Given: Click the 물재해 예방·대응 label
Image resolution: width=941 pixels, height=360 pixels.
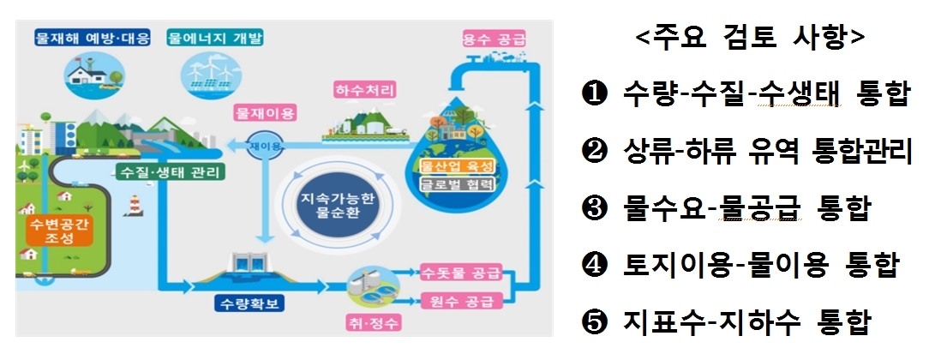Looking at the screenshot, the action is [x=93, y=39].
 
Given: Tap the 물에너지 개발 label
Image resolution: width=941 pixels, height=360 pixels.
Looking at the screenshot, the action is [x=215, y=39].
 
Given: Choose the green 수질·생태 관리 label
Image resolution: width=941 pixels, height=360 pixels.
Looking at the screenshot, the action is [x=171, y=173].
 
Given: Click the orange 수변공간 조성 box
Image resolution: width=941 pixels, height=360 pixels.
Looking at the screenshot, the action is [x=59, y=231].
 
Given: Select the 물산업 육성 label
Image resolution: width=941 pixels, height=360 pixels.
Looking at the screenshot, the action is [x=458, y=166].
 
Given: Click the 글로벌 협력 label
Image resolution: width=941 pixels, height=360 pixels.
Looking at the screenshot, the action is [x=458, y=183].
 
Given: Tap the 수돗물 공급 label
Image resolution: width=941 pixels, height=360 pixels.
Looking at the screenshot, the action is [x=461, y=273].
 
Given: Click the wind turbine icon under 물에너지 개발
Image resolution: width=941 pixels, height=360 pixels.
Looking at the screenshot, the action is [x=211, y=75].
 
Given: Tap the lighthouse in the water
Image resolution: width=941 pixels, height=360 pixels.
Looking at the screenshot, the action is [x=134, y=205].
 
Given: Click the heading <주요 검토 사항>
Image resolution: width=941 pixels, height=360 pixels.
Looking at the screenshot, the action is [x=750, y=37].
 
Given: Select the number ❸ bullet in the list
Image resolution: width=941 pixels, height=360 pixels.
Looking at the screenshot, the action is [x=595, y=209].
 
